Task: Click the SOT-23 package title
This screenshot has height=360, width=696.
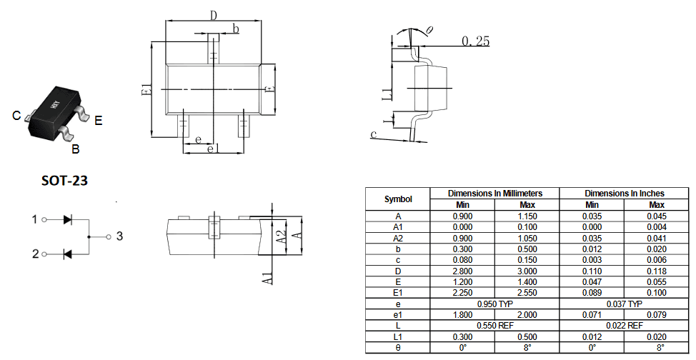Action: click(x=64, y=181)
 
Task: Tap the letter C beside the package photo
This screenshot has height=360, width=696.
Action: click(x=16, y=116)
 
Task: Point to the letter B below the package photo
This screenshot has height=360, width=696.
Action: click(x=76, y=149)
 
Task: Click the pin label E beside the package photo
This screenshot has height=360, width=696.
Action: click(x=98, y=120)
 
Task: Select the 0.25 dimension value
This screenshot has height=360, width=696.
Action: click(x=475, y=41)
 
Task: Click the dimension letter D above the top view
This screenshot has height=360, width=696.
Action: click(x=214, y=16)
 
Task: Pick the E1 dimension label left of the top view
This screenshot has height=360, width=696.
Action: click(x=146, y=89)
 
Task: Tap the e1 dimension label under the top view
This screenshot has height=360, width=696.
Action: click(x=213, y=149)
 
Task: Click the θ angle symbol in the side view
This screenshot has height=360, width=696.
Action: click(x=429, y=30)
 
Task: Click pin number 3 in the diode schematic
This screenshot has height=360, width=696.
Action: click(x=119, y=236)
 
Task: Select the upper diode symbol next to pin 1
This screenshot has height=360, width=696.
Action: click(x=68, y=219)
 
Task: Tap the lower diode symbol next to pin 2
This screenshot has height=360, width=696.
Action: click(x=68, y=254)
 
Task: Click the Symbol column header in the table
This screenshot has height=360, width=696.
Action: click(x=398, y=199)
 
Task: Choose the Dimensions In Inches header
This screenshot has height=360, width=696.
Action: click(x=624, y=194)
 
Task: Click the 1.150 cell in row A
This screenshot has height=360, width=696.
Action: click(x=527, y=216)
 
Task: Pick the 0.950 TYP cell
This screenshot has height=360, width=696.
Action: click(x=495, y=304)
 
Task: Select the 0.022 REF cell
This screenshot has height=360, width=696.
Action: click(x=624, y=326)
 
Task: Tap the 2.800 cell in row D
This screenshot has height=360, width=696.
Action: click(x=462, y=271)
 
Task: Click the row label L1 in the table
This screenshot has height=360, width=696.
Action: click(x=398, y=337)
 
